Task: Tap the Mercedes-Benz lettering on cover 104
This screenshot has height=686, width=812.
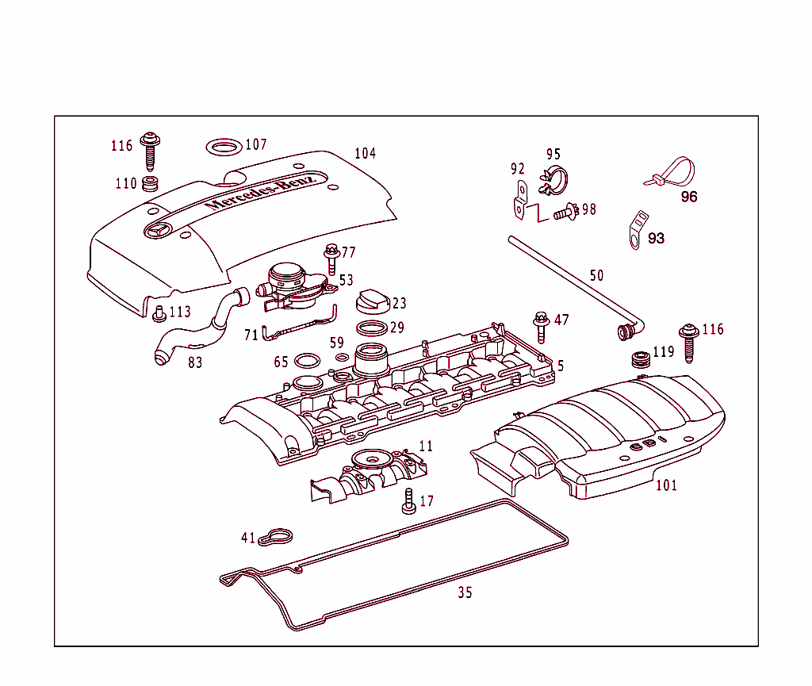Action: [x=261, y=192]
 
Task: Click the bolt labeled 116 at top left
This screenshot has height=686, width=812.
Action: [x=149, y=150]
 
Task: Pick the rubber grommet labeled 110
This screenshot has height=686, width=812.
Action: [x=149, y=186]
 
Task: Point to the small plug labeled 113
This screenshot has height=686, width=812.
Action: [x=159, y=313]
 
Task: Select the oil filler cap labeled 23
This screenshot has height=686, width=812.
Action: [x=372, y=302]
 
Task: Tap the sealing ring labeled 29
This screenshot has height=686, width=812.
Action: [x=371, y=328]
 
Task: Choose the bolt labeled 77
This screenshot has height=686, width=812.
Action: [x=331, y=259]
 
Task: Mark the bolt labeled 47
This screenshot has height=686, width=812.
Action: [x=542, y=326]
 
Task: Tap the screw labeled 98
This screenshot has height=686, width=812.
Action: [x=565, y=212]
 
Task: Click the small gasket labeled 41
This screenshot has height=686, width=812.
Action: [x=277, y=537]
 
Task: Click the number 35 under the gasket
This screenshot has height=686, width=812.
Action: [x=465, y=592]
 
